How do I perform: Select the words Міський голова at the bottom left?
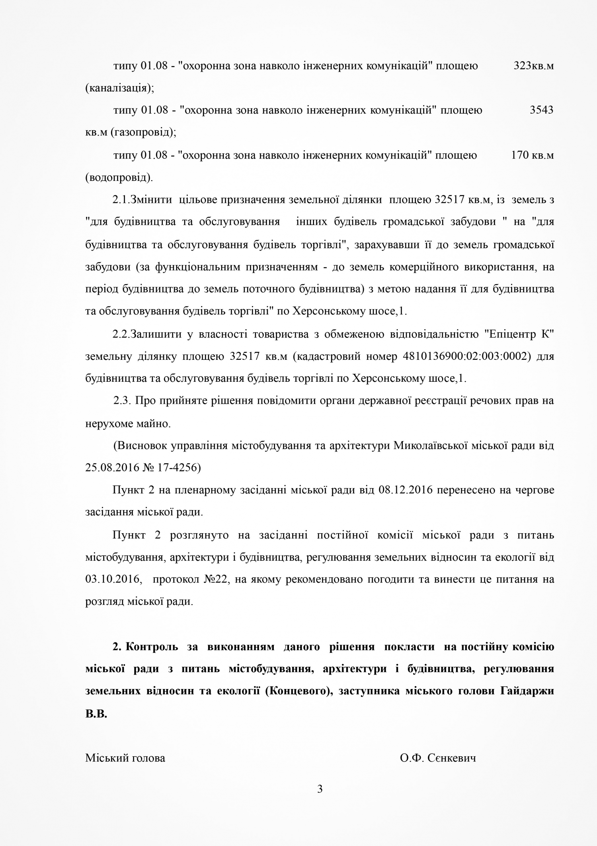125,758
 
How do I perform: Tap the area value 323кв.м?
533,66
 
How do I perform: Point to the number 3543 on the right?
541,110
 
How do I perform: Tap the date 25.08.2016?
111,467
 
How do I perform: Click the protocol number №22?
215,579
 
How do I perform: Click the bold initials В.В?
96,713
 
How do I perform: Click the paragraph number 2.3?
122,400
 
